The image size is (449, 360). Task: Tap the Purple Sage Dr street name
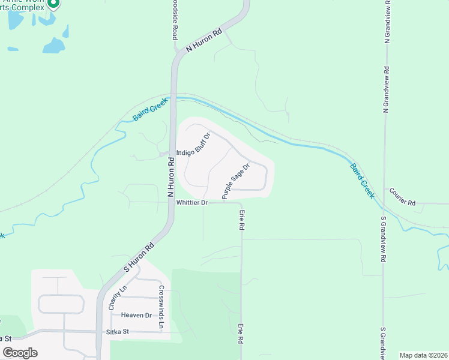click(235, 181)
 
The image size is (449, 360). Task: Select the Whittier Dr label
click(191, 203)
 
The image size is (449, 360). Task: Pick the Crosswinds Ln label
click(161, 306)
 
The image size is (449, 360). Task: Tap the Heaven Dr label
click(136, 315)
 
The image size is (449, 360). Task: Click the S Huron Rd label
click(139, 257)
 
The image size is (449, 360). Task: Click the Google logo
click(20, 353)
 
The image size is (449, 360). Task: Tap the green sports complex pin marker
click(53, 4)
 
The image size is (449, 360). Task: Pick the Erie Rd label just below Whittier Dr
click(242, 220)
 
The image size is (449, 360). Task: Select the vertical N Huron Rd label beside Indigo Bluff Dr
click(170, 174)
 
